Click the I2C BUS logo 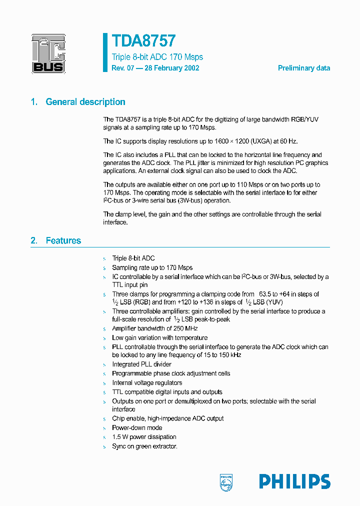point(48,53)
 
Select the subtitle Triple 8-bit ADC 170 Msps point(157,57)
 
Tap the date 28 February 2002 point(172,68)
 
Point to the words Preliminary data point(303,68)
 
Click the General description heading point(85,102)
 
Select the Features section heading point(63,240)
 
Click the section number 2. point(33,240)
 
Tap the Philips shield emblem point(226,481)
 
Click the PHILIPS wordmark point(294,481)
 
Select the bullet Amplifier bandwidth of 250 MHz point(154,328)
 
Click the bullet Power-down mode point(137,427)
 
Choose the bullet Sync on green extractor point(144,446)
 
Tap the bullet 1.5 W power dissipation point(144,437)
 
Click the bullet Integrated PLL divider point(141,364)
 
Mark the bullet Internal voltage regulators point(147,382)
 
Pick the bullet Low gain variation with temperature point(159,337)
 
